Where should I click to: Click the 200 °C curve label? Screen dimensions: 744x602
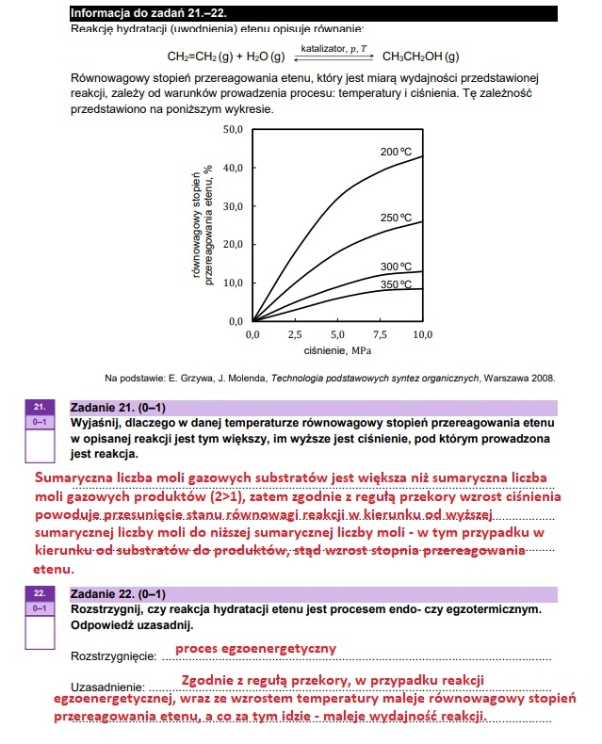tap(397, 152)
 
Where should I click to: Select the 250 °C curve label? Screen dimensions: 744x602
tap(397, 218)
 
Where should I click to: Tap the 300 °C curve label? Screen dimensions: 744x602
tap(397, 267)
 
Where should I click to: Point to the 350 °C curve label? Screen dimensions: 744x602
tap(397, 283)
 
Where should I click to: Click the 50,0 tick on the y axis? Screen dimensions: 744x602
tap(233, 129)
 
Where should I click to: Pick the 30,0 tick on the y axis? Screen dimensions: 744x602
tap(233, 206)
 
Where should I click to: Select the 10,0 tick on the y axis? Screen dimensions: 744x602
tap(233, 283)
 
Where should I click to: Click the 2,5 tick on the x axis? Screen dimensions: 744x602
tap(295, 334)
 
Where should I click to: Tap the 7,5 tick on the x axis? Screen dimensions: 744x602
tap(380, 334)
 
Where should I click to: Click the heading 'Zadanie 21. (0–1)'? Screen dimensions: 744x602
tap(118, 408)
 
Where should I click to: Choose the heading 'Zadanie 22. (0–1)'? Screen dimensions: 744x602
tap(118, 594)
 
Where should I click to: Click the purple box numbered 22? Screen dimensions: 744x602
tap(40, 594)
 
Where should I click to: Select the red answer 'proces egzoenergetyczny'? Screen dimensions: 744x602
tap(255, 649)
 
